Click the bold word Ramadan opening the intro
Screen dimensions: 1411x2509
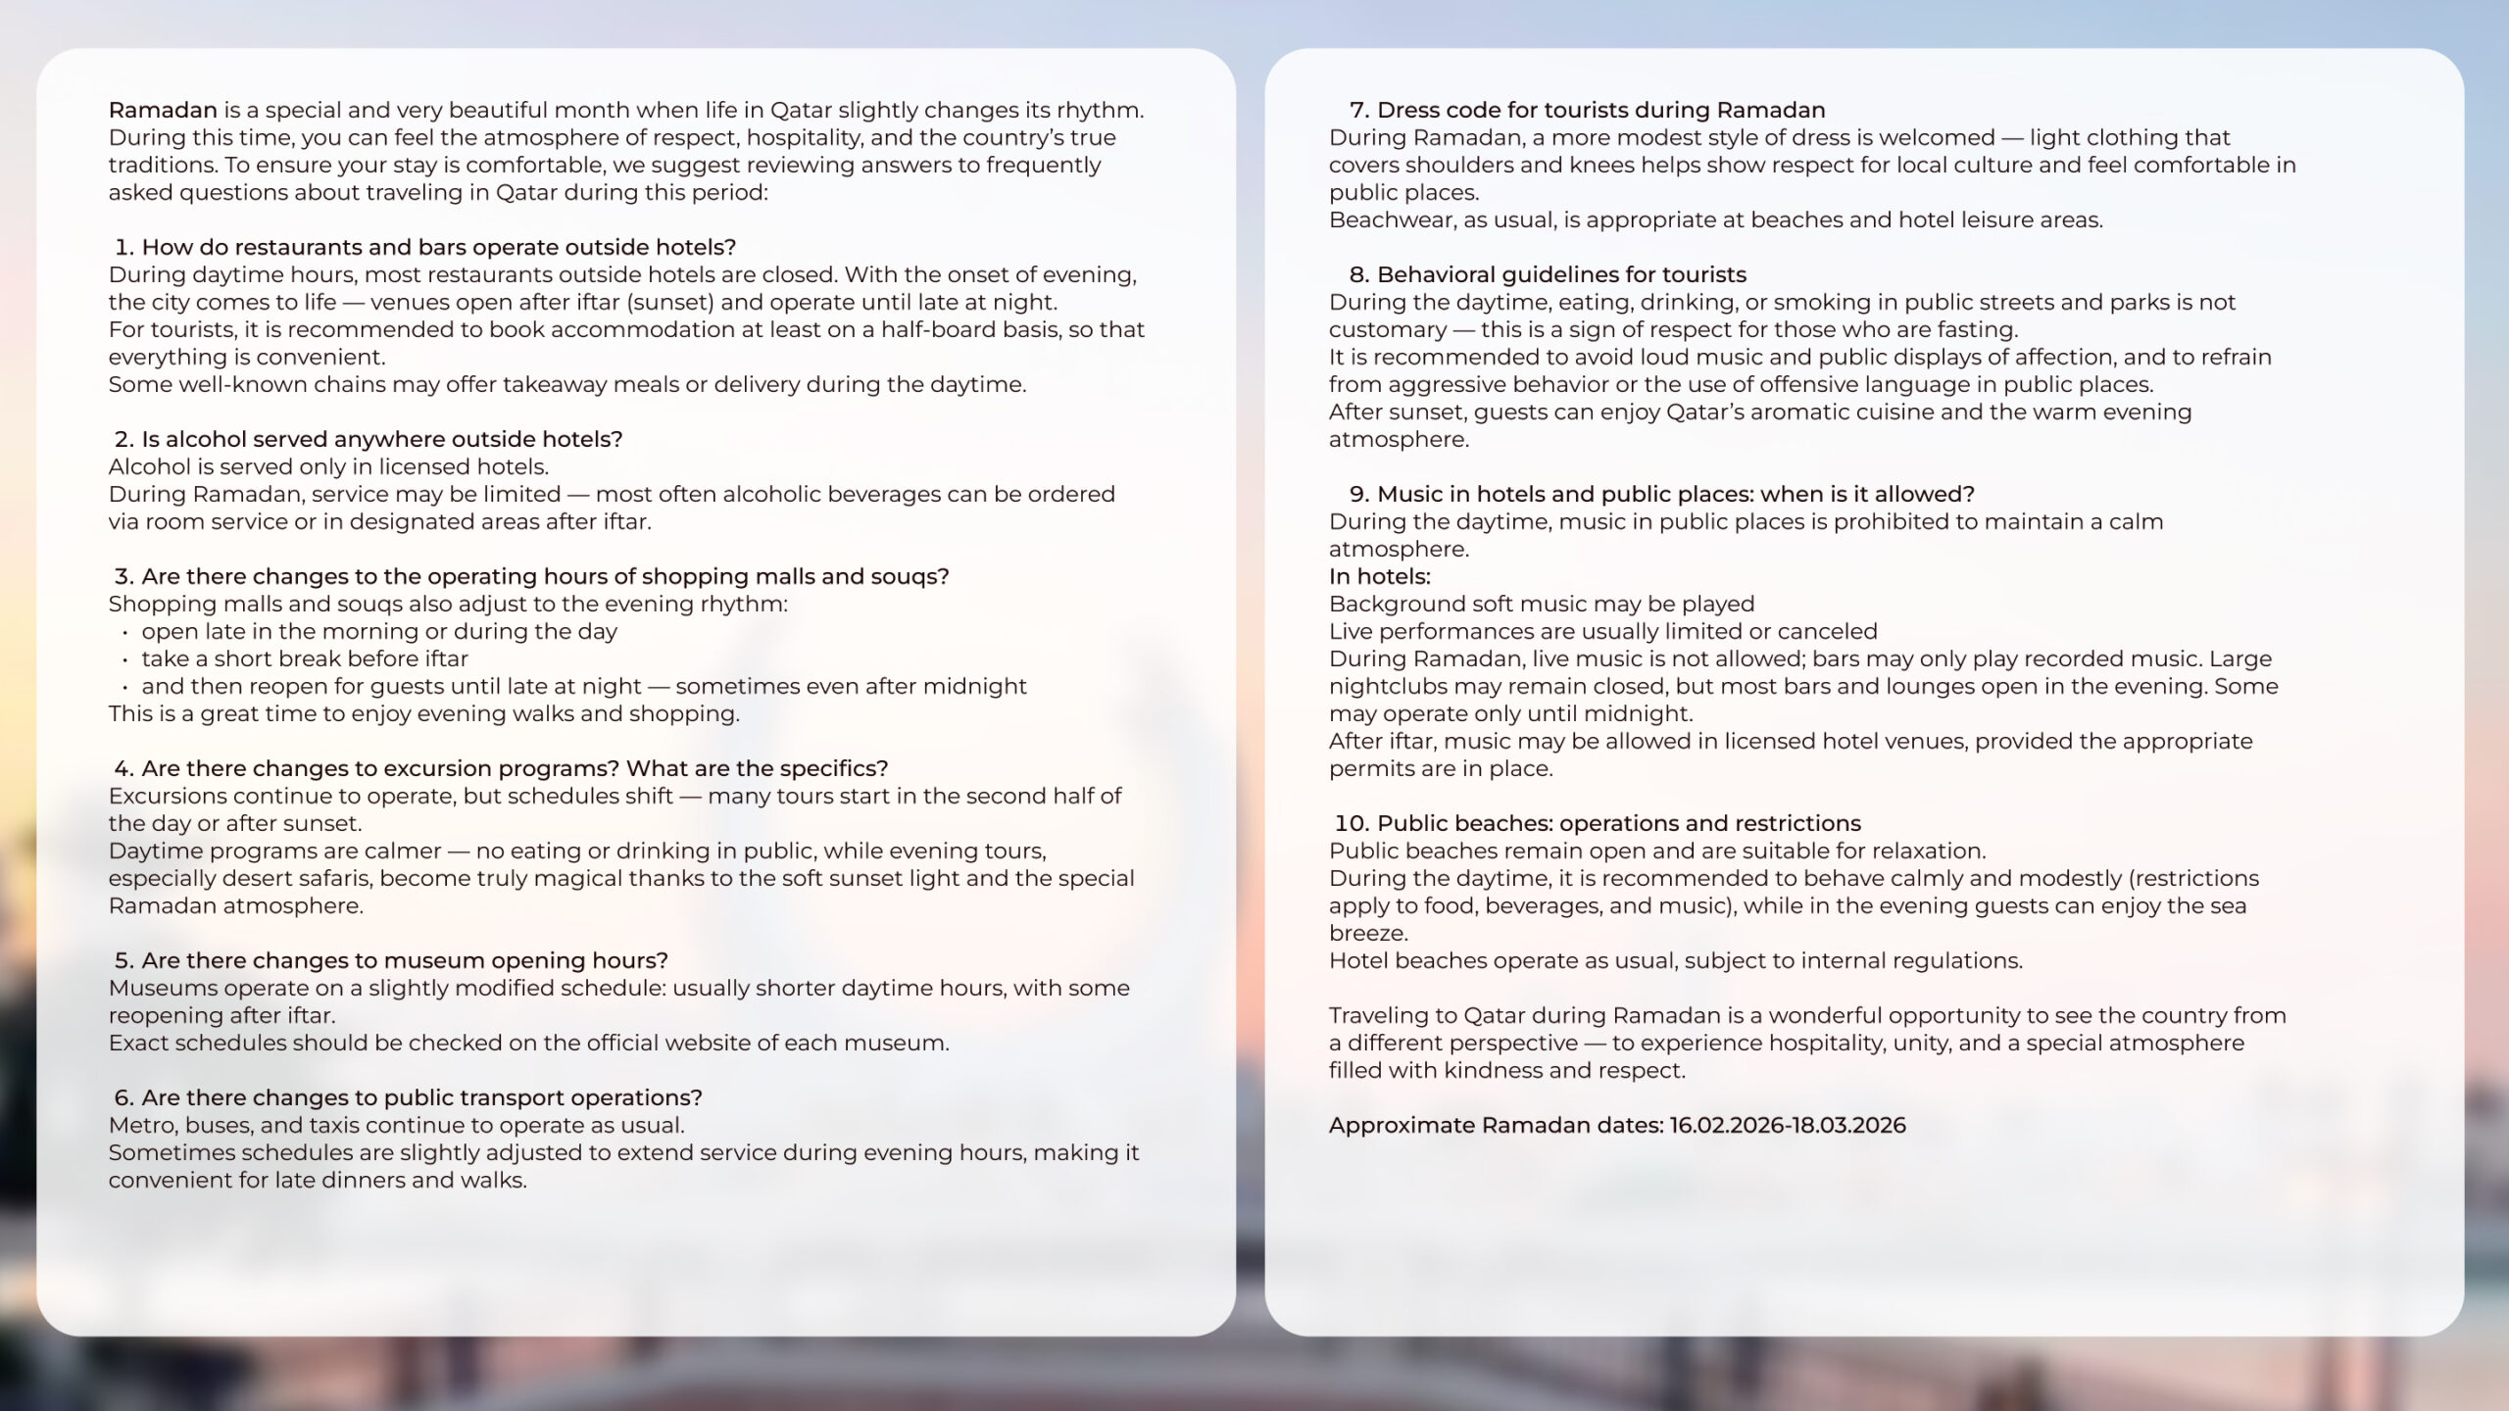point(163,110)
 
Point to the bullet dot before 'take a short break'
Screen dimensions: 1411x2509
point(126,659)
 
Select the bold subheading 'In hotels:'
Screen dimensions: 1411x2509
point(1379,576)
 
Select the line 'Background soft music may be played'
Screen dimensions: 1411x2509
point(1542,604)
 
